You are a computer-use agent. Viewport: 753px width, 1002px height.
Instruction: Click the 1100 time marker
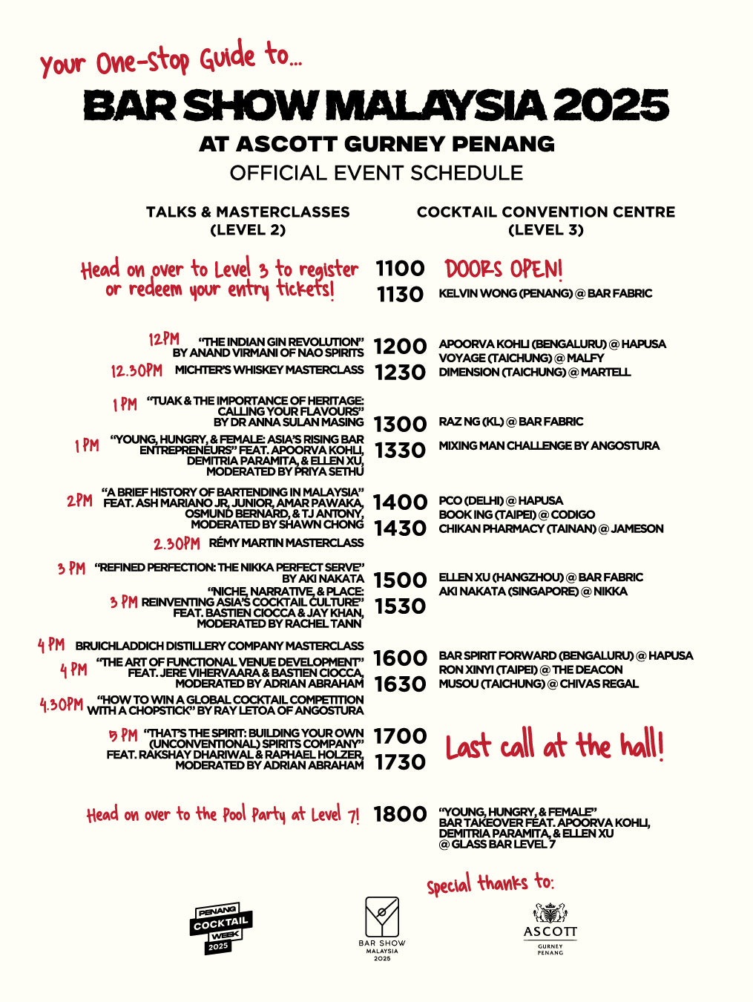coord(400,269)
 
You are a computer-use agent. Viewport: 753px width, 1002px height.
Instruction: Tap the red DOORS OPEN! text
coord(504,269)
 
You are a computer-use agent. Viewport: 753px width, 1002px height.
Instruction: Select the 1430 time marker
coord(400,528)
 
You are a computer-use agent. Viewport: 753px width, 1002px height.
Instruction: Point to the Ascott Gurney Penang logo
coord(550,929)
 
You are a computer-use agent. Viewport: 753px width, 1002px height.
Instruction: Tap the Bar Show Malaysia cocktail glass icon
coord(382,917)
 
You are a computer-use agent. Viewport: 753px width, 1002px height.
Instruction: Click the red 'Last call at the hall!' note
coord(554,746)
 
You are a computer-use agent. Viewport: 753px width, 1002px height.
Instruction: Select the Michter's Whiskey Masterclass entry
coord(269,370)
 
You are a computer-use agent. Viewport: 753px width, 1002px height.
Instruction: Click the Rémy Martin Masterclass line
coord(286,543)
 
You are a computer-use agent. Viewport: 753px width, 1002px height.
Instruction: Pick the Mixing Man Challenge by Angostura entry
coord(549,446)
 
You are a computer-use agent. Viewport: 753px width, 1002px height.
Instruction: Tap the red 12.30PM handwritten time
coord(137,370)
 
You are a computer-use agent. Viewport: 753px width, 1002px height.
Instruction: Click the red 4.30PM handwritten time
coord(61,704)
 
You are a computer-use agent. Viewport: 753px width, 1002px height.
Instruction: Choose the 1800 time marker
coord(400,814)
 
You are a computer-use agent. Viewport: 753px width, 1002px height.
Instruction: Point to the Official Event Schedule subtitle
coord(376,173)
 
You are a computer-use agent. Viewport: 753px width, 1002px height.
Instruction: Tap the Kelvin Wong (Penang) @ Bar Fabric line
coord(545,294)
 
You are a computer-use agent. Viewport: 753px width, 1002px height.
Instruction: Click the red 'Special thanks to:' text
coord(490,883)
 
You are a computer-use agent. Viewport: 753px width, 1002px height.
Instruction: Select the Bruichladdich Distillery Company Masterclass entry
coord(220,646)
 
